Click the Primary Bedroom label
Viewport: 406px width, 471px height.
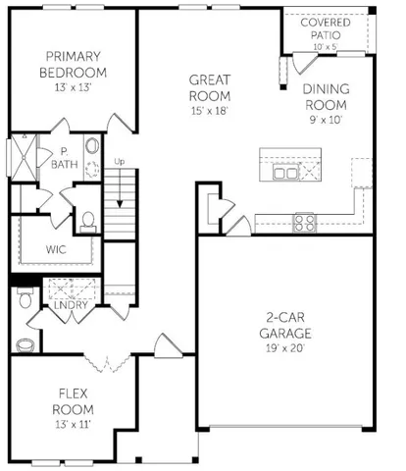coord(66,65)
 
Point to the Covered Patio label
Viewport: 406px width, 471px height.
coord(327,27)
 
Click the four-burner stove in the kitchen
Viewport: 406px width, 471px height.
coord(305,222)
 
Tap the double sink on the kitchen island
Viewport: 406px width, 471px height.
coord(286,173)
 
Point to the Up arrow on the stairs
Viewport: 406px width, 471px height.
coord(121,192)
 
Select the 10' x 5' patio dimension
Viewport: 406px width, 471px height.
coord(327,46)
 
